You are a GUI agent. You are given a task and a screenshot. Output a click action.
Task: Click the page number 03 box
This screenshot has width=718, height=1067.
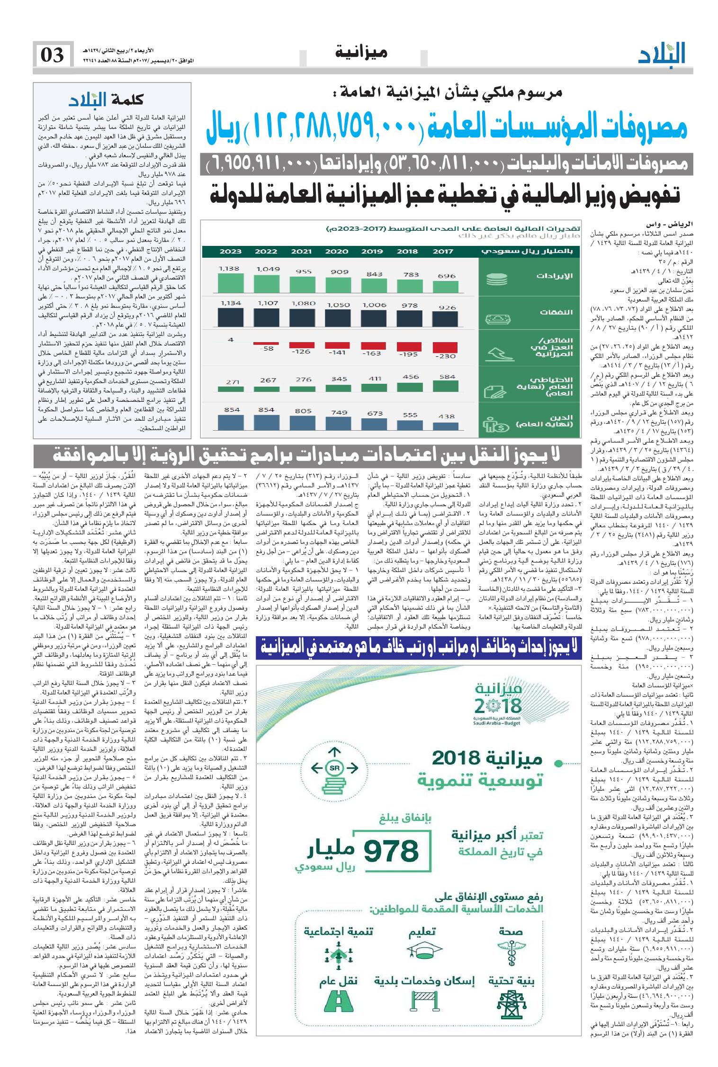click(53, 55)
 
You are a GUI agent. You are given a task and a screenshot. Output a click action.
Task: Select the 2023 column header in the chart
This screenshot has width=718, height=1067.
click(230, 252)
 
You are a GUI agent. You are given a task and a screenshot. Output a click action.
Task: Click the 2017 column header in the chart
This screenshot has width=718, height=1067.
click(443, 252)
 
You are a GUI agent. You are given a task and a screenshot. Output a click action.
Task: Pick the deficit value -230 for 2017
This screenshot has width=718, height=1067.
click(444, 356)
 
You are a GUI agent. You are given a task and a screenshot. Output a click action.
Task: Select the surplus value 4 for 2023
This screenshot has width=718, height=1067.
click(231, 339)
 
